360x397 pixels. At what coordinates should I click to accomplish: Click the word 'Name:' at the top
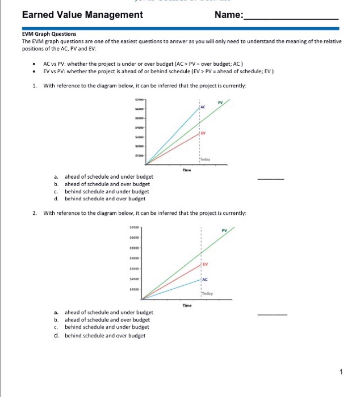(229, 15)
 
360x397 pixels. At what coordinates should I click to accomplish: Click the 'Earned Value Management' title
(82, 15)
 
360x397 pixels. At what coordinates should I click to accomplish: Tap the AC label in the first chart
(202, 107)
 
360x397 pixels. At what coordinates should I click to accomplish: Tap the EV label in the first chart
(204, 133)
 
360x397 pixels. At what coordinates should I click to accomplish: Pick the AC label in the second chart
(205, 280)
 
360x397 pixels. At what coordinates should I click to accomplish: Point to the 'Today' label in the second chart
(208, 294)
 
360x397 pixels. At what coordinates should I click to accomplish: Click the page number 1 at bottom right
(341, 372)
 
